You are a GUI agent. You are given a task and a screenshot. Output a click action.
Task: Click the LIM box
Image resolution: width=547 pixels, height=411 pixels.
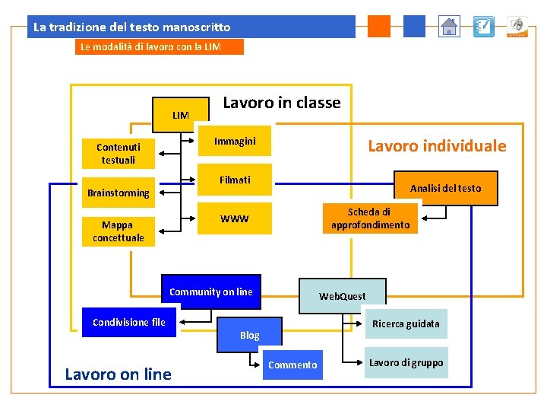(x=181, y=115)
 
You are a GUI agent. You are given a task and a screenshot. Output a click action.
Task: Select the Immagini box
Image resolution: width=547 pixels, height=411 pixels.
(x=235, y=141)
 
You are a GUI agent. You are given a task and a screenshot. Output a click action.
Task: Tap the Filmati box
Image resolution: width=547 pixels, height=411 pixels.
(x=235, y=180)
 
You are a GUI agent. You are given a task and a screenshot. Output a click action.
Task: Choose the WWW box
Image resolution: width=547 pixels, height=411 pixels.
(x=235, y=219)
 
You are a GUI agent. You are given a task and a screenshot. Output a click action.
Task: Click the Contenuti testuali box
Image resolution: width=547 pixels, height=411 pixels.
(x=119, y=153)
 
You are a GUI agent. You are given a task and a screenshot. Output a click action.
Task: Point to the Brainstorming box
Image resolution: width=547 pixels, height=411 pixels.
(x=119, y=193)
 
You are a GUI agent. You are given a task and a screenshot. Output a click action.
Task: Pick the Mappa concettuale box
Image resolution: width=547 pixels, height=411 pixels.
(x=119, y=231)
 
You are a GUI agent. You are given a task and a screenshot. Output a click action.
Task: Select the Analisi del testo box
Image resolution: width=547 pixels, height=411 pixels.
(x=445, y=188)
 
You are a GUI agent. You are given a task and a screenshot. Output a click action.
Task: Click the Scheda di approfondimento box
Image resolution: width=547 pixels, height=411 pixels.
(x=370, y=218)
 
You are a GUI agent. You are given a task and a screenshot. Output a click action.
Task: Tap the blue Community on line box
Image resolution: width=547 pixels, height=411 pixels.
(x=211, y=292)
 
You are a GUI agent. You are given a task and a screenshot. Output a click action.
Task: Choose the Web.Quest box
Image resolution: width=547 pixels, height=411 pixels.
(x=342, y=296)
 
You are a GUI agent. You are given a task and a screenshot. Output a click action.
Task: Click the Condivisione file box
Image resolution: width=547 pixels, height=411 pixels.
(x=128, y=322)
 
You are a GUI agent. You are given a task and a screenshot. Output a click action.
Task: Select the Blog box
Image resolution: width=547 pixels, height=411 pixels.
(x=250, y=335)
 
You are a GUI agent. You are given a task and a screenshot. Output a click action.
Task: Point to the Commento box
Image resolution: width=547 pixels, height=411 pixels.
(x=292, y=365)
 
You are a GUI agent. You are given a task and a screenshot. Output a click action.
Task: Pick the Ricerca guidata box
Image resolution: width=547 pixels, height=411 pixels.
(x=406, y=323)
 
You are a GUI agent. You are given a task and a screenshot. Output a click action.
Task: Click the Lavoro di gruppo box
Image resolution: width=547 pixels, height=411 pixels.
(x=406, y=362)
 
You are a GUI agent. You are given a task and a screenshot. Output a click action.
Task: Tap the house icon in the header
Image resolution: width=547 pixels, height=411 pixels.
(x=450, y=27)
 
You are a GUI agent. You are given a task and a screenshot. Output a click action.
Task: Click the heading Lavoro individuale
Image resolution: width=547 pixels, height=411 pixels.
(x=437, y=146)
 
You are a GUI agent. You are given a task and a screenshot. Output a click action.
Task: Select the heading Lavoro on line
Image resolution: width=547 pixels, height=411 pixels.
(x=119, y=374)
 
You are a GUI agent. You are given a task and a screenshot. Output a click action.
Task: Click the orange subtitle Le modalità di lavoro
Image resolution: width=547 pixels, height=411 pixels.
(x=160, y=47)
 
